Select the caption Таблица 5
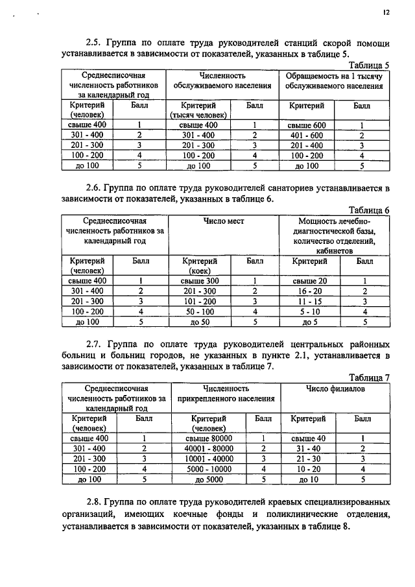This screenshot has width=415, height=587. point(369,66)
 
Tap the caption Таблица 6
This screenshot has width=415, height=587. point(369,211)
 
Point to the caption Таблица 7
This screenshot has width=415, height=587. point(369,377)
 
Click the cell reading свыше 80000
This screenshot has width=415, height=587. point(208,438)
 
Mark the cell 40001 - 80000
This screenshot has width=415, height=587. point(208,448)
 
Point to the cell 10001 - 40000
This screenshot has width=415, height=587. point(208,459)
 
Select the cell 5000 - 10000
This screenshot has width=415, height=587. point(208,469)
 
